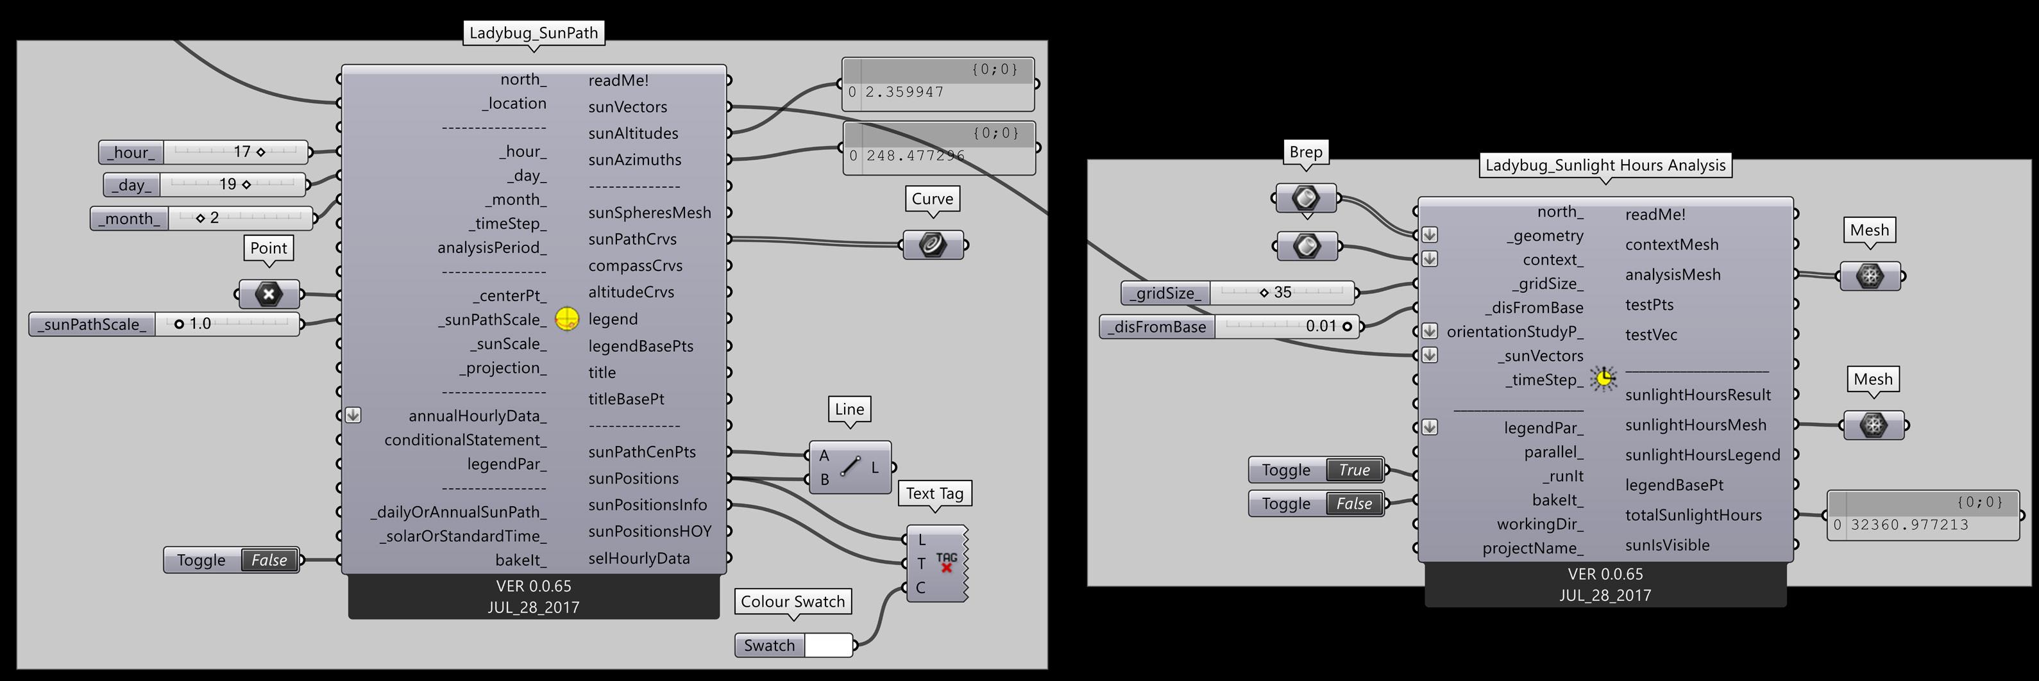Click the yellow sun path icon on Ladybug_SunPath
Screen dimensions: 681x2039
567,319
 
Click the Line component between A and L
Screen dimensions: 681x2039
850,468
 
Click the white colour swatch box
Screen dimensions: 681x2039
828,645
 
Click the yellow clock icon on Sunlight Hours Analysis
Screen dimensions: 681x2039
1603,379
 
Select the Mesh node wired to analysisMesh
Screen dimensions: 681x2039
1870,276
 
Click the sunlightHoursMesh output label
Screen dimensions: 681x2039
1695,425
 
